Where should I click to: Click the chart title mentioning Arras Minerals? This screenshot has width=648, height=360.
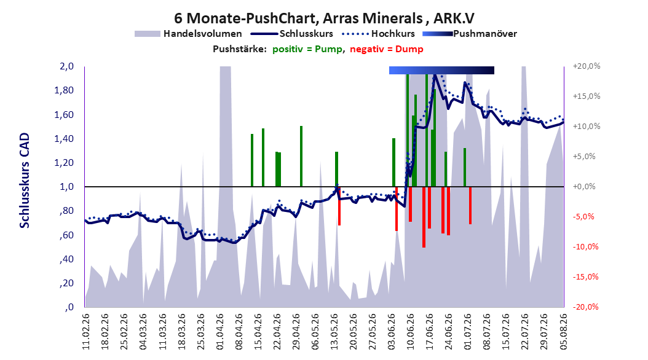(x=323, y=18)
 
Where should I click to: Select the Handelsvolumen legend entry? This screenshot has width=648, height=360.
(x=189, y=34)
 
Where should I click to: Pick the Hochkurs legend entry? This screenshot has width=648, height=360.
(x=378, y=34)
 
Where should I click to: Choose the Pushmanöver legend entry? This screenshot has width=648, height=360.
(x=470, y=34)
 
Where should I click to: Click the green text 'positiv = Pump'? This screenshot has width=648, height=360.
(x=307, y=49)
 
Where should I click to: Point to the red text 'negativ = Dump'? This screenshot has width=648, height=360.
(x=387, y=49)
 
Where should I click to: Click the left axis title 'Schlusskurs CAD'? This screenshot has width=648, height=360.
(x=25, y=180)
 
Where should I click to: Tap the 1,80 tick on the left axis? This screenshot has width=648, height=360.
(x=64, y=90)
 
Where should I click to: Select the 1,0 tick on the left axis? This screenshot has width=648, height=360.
(x=66, y=187)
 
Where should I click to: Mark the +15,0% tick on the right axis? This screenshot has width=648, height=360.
(x=587, y=96)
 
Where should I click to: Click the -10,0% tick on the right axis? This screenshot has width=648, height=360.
(x=585, y=247)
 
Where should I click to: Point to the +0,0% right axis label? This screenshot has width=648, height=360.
(x=584, y=187)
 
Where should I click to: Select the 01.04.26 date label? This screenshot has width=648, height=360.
(x=220, y=332)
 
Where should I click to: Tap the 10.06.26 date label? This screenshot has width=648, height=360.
(x=410, y=332)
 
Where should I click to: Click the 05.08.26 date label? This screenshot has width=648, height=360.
(x=563, y=332)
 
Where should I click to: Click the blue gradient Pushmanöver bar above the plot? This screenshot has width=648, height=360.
(x=441, y=71)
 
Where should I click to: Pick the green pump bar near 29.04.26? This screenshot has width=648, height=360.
(x=301, y=156)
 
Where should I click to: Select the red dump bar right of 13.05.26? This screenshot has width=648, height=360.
(x=339, y=206)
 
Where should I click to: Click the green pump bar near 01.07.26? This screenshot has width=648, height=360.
(x=465, y=167)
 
